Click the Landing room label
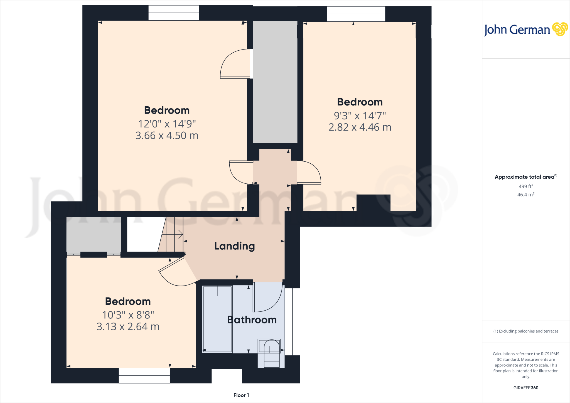coord(234,246)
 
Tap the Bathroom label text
coord(252,320)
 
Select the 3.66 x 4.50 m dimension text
coord(167,136)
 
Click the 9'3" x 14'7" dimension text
coord(360,116)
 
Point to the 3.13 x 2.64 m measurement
coord(128,326)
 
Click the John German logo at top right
coord(525,30)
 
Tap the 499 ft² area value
coord(526,186)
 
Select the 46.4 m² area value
coord(526,195)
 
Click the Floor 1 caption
coord(241,395)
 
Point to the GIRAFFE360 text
coord(526,388)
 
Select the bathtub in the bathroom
coord(217,319)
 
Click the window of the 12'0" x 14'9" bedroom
coord(173,13)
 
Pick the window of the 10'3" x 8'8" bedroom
coord(144,375)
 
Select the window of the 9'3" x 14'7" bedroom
coord(356,14)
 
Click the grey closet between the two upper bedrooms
coord(275,82)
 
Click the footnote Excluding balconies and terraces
coord(526,331)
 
